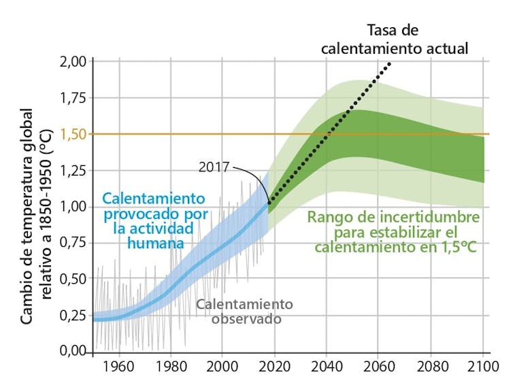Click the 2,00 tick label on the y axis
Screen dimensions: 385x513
click(72, 62)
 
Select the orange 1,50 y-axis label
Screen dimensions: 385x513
click(72, 134)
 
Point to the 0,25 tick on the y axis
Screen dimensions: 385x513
click(72, 315)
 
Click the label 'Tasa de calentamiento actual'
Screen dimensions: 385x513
click(395, 39)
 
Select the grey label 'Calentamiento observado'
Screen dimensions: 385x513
click(244, 311)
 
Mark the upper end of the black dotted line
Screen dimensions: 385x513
click(391, 63)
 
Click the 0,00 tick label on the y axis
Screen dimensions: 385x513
click(72, 351)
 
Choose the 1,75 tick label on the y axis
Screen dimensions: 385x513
click(72, 98)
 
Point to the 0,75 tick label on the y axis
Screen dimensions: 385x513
click(72, 243)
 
